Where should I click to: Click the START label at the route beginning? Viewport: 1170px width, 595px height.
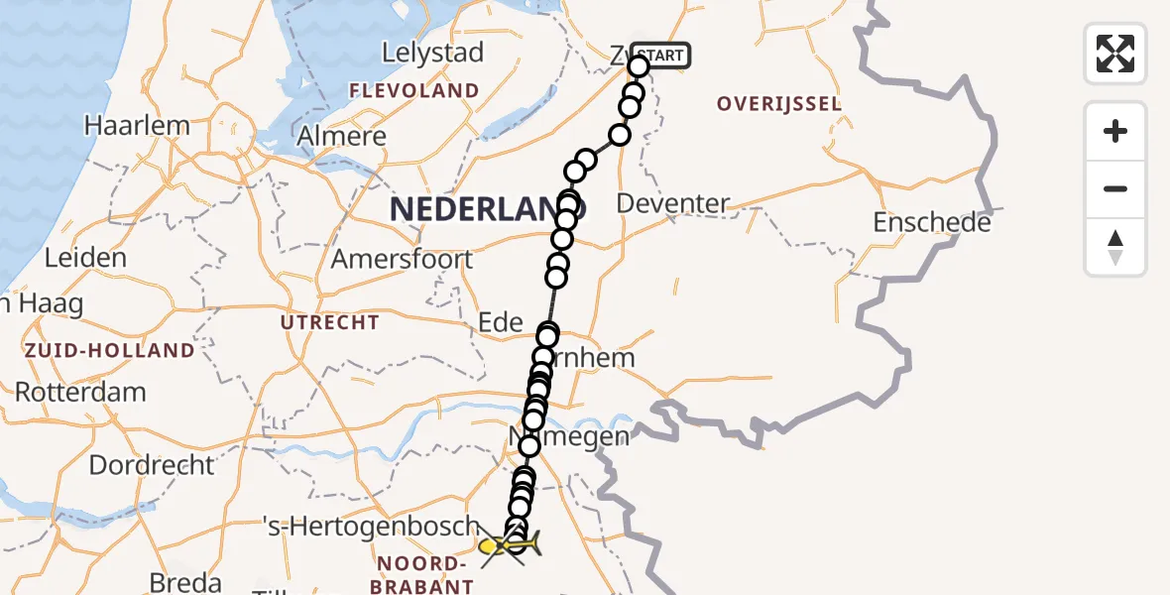coord(660,56)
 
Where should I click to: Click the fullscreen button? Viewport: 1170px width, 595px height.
coord(1115,54)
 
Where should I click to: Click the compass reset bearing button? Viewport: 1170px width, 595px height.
coord(1115,247)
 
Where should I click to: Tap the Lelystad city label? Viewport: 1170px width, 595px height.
coord(433,53)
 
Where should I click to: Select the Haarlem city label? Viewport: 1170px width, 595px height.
coord(137,126)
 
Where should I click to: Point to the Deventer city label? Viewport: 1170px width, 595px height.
coord(673,204)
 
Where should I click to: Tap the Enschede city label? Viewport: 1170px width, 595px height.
coord(932,223)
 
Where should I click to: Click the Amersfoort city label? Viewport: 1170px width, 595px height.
coord(402,260)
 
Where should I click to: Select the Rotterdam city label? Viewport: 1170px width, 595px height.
coord(80,392)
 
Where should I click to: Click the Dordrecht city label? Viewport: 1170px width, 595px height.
coord(151,464)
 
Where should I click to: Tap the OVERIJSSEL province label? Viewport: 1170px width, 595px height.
coord(779,104)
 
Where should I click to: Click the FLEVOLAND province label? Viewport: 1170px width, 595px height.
coord(413,91)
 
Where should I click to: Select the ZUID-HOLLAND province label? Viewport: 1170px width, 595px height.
coord(110,350)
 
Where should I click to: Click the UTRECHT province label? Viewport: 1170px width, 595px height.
coord(330,322)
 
